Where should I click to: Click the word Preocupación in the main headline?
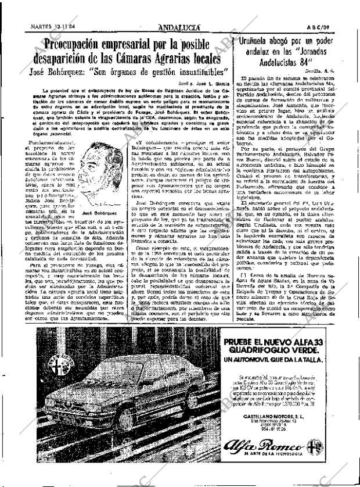click(85, 44)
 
